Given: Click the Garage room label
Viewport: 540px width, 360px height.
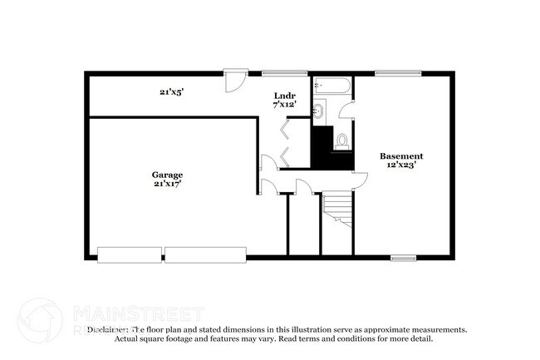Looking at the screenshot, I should [167, 175].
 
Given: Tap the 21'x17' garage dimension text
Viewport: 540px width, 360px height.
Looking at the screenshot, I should [167, 184].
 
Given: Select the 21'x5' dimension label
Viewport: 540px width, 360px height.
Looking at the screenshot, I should [171, 92].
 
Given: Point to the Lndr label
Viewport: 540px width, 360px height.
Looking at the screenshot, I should [284, 96].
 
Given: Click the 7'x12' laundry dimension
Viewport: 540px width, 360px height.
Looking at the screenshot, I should [284, 105].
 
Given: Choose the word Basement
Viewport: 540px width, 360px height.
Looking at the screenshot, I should [401, 155].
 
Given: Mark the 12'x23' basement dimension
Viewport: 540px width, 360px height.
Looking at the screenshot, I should [401, 165].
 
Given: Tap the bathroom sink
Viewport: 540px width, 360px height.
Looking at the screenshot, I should [319, 111].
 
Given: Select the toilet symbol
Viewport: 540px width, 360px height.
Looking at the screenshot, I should [341, 142].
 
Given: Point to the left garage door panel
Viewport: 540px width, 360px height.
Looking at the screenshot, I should [129, 254].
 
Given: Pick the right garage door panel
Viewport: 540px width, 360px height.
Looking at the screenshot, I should [205, 254].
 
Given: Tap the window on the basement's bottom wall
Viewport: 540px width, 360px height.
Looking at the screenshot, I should [403, 258].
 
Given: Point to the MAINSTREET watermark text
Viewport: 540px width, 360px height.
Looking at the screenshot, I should [138, 313].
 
